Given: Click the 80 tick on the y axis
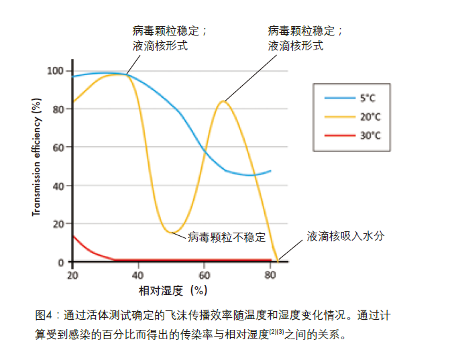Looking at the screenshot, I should [58, 109].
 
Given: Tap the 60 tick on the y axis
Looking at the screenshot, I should [58, 147].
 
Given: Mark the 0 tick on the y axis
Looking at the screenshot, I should [60, 262].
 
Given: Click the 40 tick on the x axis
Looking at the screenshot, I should [138, 275].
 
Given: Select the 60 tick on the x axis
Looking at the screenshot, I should [205, 275].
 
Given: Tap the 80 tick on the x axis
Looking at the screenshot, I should [270, 275].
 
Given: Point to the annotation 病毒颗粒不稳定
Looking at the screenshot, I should [227, 237].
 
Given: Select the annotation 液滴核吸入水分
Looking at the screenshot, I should [345, 236].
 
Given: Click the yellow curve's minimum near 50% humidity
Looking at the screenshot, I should [171, 232].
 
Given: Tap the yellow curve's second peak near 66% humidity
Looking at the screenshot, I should [223, 101].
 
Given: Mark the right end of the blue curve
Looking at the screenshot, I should [270, 171].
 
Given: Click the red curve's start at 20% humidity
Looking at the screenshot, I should [72, 235].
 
